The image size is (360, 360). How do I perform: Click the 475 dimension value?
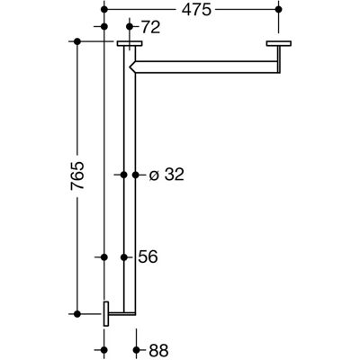click(x=196, y=10)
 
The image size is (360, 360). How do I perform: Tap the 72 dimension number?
click(x=150, y=28)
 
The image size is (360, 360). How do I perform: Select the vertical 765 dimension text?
click(x=77, y=175)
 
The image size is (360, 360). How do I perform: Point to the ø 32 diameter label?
click(x=166, y=175)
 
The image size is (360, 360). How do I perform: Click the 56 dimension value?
click(x=148, y=257)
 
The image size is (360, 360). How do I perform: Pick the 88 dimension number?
click(x=158, y=350)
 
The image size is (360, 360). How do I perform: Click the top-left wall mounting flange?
click(x=130, y=44)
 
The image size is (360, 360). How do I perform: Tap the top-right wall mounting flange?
click(x=279, y=44)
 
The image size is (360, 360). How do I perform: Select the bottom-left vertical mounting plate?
click(x=106, y=314)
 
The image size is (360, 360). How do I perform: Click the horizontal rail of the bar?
click(x=207, y=67)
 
